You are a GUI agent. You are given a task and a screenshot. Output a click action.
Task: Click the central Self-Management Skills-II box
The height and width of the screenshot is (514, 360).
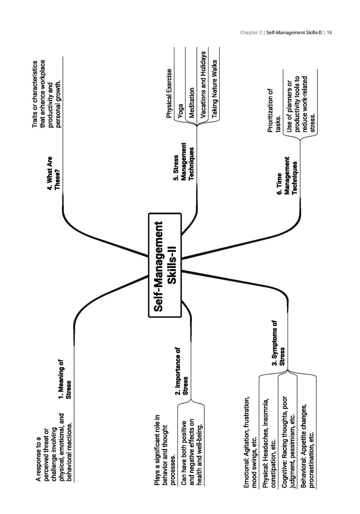165,265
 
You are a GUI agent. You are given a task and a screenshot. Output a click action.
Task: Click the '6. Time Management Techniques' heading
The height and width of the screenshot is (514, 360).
287,176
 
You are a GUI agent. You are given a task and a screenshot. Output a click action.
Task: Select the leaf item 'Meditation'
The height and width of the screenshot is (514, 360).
192,103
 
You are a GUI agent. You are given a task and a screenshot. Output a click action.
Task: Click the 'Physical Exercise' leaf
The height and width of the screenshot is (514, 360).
169,93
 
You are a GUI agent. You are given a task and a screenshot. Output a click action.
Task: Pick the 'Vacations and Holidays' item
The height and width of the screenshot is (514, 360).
203,85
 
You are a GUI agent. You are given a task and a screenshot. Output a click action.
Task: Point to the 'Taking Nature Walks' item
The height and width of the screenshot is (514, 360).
214,89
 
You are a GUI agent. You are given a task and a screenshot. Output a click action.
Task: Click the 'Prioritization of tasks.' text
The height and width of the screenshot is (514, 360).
274,110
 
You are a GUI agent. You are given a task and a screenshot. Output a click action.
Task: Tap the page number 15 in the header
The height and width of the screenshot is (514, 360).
329,33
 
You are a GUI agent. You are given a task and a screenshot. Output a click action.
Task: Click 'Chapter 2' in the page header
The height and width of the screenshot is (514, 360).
251,33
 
